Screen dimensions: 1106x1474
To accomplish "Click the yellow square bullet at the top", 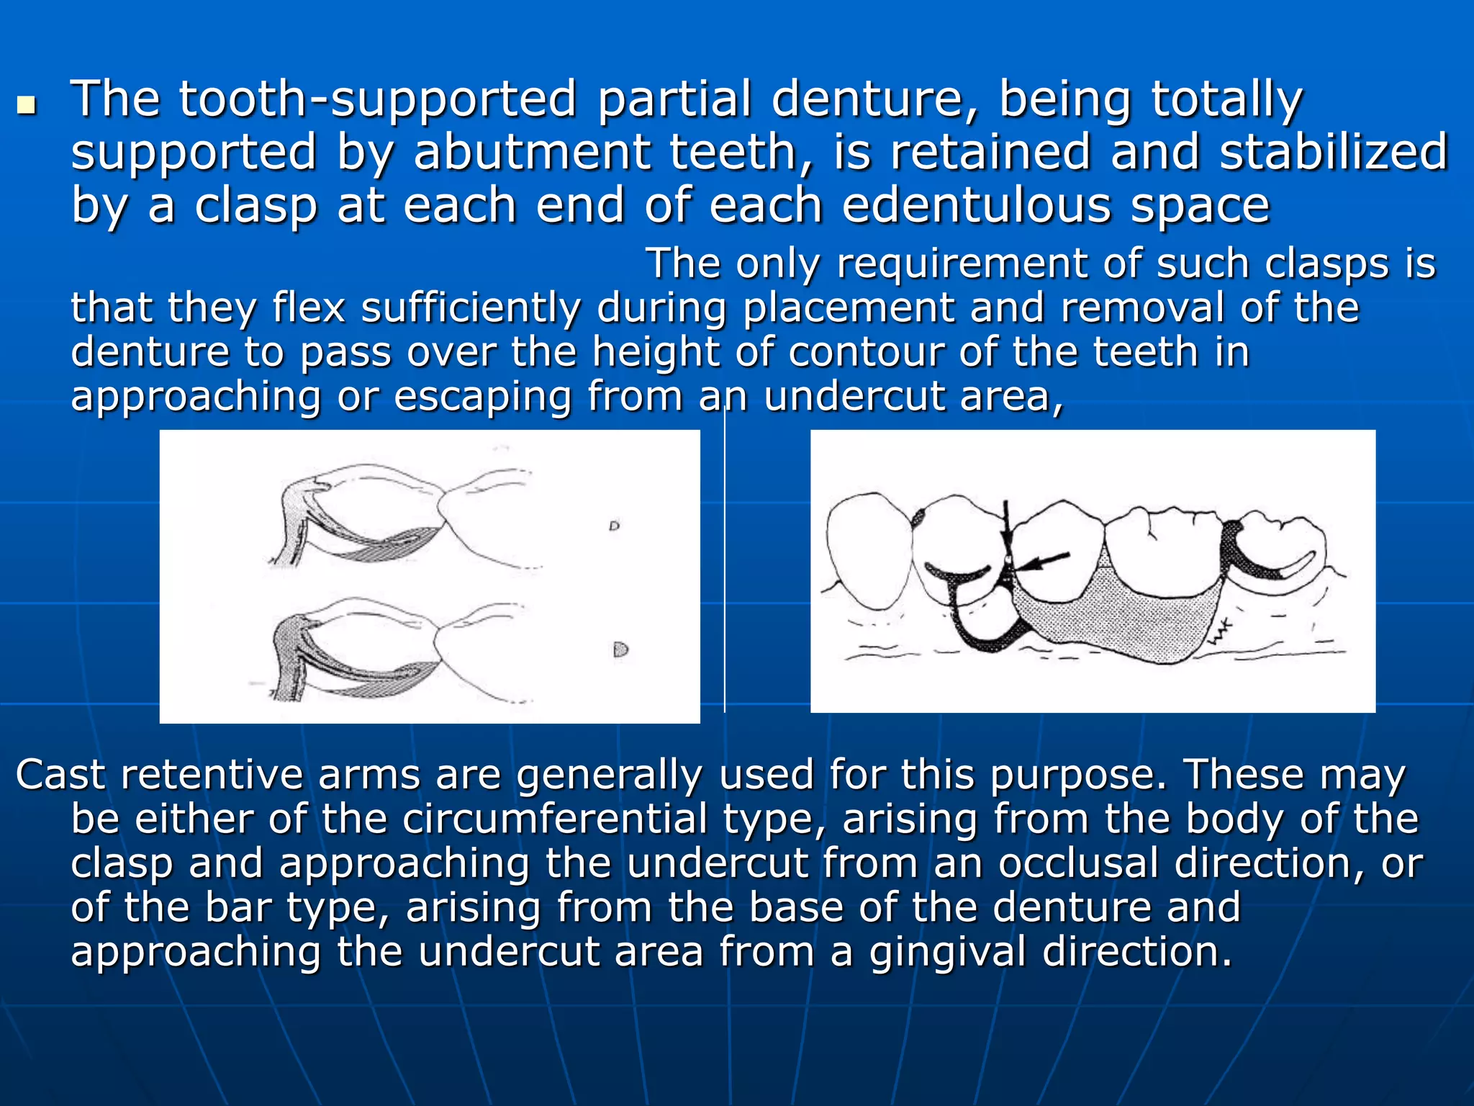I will point(27,106).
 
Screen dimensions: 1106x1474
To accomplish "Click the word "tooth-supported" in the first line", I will point(377,99).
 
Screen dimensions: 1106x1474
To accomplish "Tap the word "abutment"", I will point(533,153).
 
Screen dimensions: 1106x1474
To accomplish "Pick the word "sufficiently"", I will point(471,308).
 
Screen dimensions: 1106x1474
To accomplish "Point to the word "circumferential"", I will point(555,819).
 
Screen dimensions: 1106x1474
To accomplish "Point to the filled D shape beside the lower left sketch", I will point(620,649).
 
